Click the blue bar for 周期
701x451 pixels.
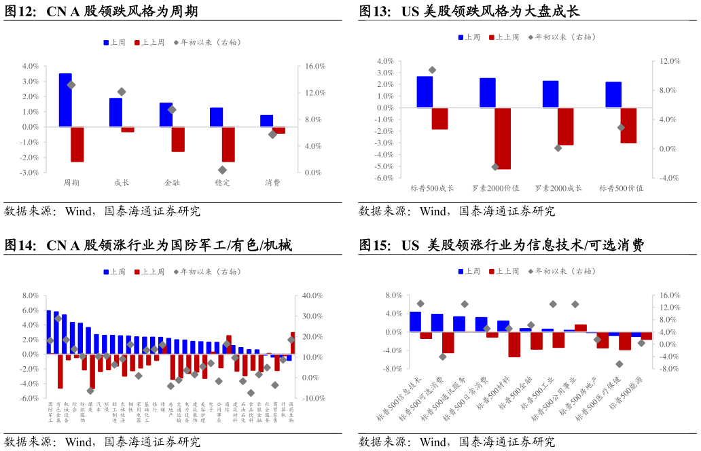coord(65,100)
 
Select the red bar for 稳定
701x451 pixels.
coord(228,144)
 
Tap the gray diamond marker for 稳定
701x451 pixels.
coord(222,170)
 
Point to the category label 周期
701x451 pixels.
coord(71,183)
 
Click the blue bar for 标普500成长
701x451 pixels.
coord(425,92)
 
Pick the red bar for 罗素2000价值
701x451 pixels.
coord(503,138)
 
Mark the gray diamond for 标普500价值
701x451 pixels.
coord(621,128)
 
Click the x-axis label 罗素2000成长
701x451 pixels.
coord(558,188)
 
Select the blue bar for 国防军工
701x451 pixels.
coord(49,332)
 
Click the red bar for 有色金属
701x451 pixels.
coord(60,371)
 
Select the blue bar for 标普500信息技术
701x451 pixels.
coord(415,322)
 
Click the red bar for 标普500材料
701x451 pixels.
coord(514,344)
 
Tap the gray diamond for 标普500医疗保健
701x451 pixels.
coord(619,364)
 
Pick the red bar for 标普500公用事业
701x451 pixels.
coord(580,328)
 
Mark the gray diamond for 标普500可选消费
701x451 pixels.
coord(443,357)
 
